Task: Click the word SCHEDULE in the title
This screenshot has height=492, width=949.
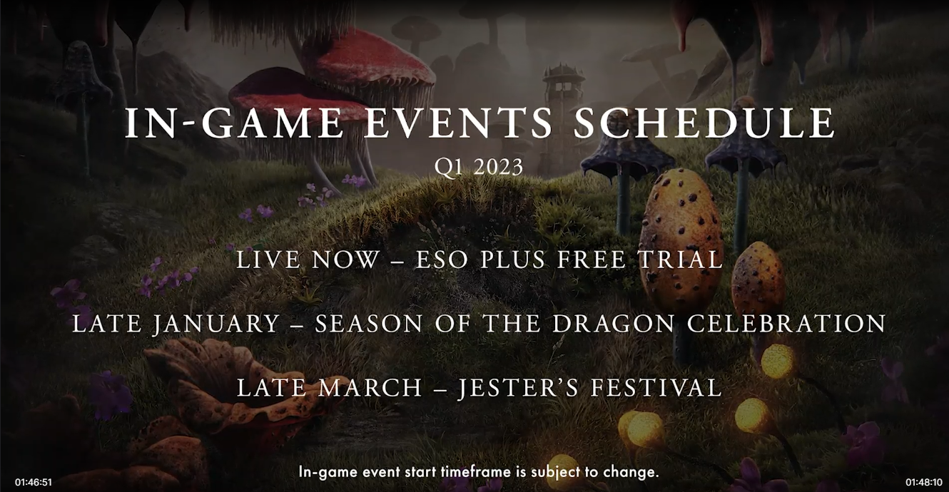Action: [x=704, y=123]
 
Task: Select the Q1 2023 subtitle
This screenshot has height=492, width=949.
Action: [x=478, y=167]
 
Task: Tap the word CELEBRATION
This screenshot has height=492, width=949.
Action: [x=786, y=324]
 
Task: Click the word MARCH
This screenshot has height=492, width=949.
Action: [x=370, y=387]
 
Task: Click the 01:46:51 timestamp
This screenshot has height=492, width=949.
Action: [x=34, y=482]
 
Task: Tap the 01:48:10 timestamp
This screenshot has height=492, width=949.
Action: [x=924, y=482]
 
